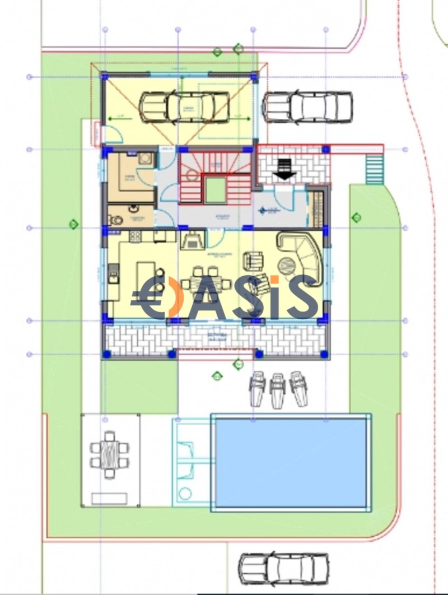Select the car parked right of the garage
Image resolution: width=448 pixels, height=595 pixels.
(307, 106)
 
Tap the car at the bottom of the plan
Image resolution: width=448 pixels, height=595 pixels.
(283, 569)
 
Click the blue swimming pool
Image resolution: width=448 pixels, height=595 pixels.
(290, 463)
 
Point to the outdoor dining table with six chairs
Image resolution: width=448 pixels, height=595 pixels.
(110, 454)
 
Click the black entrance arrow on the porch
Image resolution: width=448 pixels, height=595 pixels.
(286, 168)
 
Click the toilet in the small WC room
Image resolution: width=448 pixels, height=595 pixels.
(115, 220)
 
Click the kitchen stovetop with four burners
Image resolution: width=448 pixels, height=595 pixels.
(136, 236)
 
